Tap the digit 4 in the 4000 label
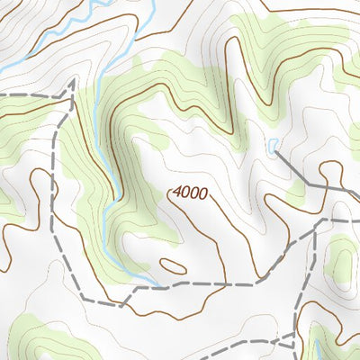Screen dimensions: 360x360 pyautogui.click(x=176, y=192)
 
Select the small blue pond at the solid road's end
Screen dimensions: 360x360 pyautogui.click(x=272, y=145)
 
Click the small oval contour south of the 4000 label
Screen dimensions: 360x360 pyautogui.click(x=172, y=265)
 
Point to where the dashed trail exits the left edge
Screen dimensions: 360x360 pyautogui.click(x=2, y=94)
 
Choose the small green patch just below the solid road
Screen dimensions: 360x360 pyautogui.click(x=297, y=190)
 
